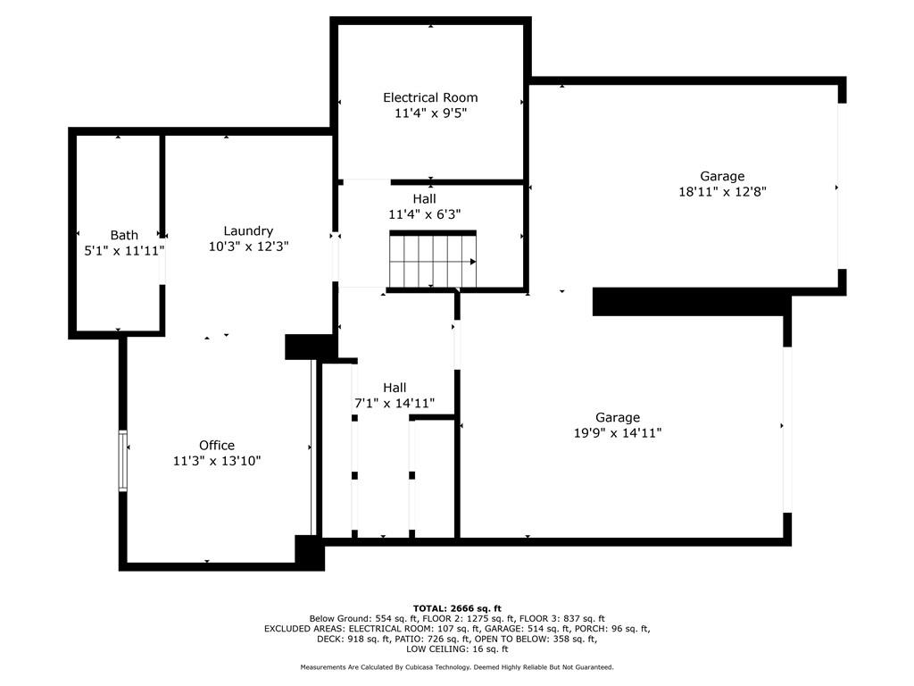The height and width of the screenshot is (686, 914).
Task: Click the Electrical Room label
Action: point(430,97)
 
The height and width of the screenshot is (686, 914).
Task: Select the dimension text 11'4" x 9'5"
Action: point(430,113)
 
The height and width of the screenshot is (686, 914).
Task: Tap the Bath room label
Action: point(124,235)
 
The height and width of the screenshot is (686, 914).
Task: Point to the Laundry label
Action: point(248,230)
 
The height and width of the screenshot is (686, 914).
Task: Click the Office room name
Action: point(217,445)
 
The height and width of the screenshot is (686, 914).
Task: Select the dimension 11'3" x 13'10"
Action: point(217,461)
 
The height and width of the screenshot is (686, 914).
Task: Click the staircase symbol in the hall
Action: point(433,261)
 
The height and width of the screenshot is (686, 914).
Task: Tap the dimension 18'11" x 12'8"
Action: point(722,191)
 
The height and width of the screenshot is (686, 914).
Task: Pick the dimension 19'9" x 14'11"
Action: point(618,432)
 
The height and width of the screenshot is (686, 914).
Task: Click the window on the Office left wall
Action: point(123,461)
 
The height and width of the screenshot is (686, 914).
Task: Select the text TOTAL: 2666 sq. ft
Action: point(457,608)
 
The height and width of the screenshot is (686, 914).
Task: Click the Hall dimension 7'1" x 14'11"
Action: point(395,403)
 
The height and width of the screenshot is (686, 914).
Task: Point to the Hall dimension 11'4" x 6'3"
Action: point(424,214)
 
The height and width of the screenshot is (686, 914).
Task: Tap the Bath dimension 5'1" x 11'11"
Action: point(124,251)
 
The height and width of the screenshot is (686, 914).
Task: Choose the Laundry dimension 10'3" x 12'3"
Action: point(248,246)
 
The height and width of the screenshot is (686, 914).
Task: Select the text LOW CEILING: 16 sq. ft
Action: point(457,649)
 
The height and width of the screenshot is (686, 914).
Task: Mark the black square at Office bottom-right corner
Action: point(309,552)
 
